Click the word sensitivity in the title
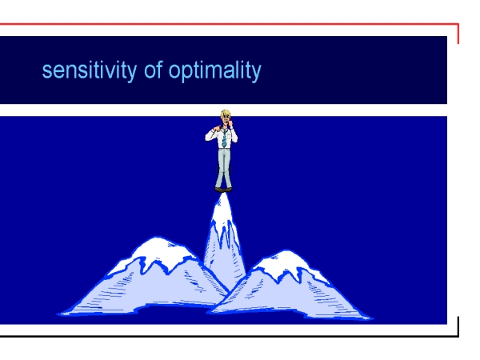click(x=89, y=71)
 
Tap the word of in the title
click(x=153, y=70)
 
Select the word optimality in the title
click(x=215, y=71)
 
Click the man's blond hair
click(x=226, y=114)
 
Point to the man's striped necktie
click(x=224, y=138)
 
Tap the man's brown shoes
click(x=223, y=190)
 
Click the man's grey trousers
click(x=223, y=168)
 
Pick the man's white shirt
click(x=221, y=138)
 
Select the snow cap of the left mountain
click(x=156, y=251)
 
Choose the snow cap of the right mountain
click(x=288, y=262)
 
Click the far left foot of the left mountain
click(x=58, y=314)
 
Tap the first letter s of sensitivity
click(x=47, y=72)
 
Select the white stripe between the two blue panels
click(x=223, y=110)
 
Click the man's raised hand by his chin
click(x=231, y=124)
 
